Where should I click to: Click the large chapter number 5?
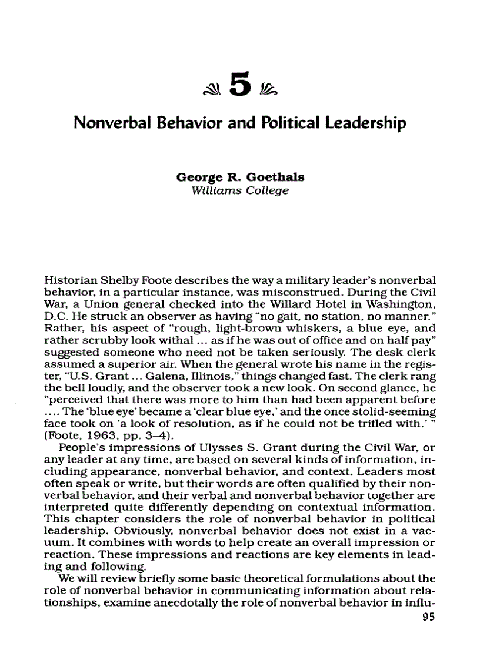239,86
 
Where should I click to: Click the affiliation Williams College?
236,192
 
